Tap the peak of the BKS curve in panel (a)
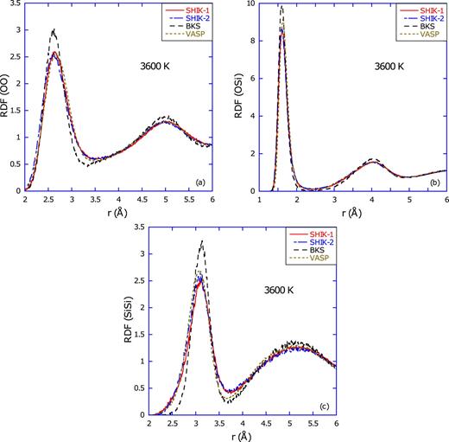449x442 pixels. [54, 29]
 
